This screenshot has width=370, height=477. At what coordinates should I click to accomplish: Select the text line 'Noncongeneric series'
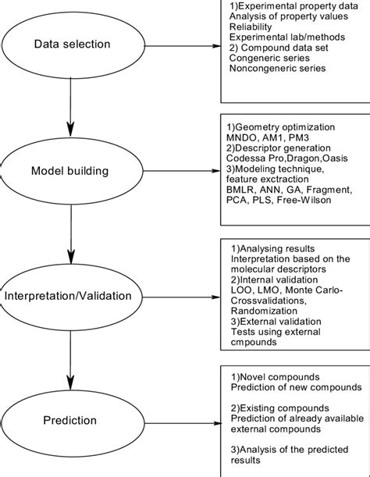tap(277, 79)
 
